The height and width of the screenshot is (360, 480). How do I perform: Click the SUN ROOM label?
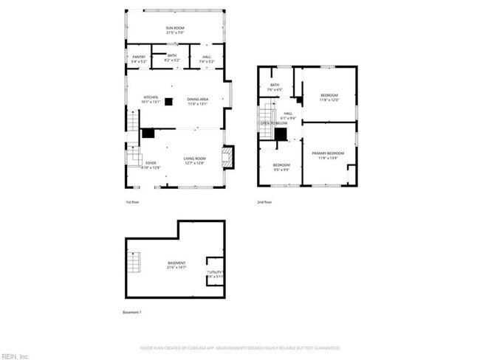click(174, 28)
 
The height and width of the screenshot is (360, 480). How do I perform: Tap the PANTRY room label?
click(138, 56)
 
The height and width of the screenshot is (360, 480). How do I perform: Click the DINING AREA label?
click(197, 99)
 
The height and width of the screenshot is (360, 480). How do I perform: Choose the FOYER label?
click(151, 162)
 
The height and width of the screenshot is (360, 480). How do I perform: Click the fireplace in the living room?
click(228, 156)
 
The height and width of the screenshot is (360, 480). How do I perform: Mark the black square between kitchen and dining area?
click(169, 102)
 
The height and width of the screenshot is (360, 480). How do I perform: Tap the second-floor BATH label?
click(275, 86)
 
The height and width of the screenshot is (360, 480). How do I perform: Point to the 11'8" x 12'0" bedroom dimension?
click(329, 100)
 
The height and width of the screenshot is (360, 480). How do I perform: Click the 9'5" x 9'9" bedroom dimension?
click(281, 169)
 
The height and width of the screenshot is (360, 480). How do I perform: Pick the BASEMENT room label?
click(176, 263)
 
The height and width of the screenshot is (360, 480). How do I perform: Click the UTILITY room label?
click(215, 272)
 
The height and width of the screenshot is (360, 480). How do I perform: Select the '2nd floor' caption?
click(264, 202)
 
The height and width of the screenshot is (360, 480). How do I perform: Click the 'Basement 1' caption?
click(131, 312)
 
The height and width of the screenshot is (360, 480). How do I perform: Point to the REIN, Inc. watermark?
click(14, 356)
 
